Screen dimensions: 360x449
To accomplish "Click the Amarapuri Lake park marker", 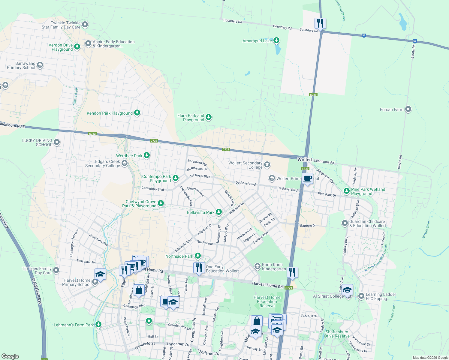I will (276, 40).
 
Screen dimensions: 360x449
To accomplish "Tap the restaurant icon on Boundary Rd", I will (320, 23).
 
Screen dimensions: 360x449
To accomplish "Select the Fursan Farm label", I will (391, 109).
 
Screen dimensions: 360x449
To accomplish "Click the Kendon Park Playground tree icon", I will (137, 113).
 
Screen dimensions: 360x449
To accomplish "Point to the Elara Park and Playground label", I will (191, 118).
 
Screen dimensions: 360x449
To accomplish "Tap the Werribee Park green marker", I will (147, 155).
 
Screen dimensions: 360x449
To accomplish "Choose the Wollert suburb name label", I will (305, 160).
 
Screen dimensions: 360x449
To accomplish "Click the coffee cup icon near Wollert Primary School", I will (307, 178).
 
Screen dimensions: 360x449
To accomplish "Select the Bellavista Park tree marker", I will (219, 212).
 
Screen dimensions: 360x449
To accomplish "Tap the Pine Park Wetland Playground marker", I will (347, 191).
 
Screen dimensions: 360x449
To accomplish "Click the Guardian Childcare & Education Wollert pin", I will (345, 223).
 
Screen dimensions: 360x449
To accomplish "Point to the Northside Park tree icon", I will (197, 256).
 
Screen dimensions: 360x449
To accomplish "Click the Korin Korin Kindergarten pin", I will (257, 266).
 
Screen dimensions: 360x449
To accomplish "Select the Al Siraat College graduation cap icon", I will (348, 290).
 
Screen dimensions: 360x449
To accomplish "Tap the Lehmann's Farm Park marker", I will (98, 325).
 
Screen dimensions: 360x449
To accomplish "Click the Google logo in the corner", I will (10, 356).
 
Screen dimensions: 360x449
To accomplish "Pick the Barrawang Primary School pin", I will (40, 65).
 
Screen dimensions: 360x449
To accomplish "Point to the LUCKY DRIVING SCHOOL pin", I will (56, 142).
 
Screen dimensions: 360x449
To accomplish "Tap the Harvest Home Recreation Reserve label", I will (267, 301).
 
